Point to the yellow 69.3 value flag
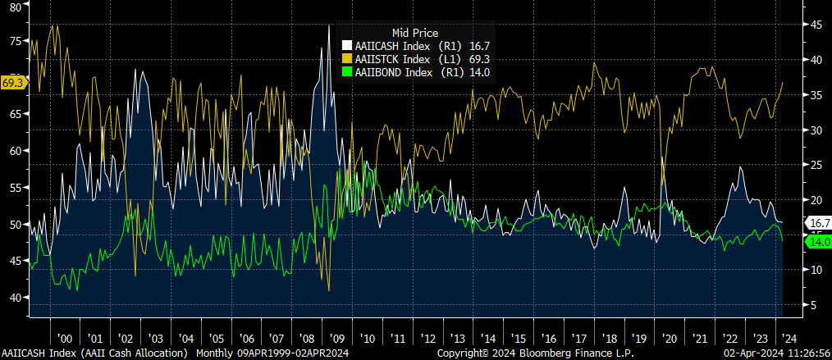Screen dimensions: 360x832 (x=14, y=83)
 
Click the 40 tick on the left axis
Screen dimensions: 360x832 (x=14, y=298)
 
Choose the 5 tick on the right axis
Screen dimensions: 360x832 (x=813, y=305)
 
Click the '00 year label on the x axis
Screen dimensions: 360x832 (x=65, y=338)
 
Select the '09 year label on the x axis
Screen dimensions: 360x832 (x=336, y=338)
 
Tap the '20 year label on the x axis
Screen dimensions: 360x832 (x=669, y=338)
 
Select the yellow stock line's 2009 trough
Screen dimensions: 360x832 (x=329, y=290)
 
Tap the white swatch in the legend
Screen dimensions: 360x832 (x=348, y=46)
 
